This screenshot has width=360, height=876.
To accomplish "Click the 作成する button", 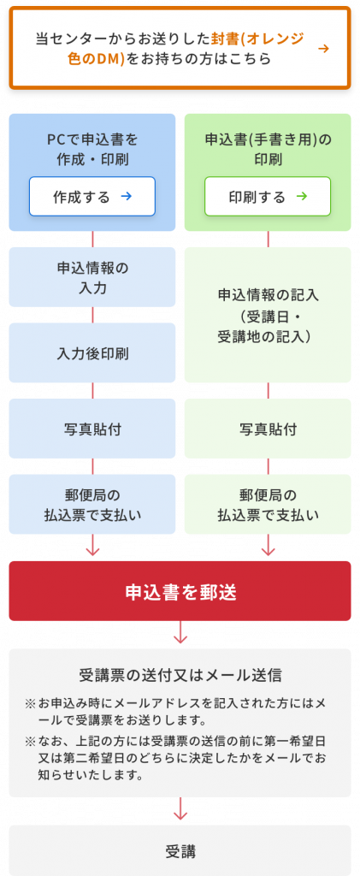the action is click(x=92, y=197).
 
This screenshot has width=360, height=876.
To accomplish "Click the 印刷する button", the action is click(x=268, y=197).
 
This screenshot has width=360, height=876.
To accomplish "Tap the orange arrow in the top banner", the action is click(x=322, y=49).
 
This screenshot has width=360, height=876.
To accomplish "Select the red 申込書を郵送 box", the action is click(x=180, y=591).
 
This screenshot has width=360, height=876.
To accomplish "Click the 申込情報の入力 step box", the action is click(x=92, y=277).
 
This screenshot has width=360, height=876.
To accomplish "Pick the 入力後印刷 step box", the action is click(x=92, y=353).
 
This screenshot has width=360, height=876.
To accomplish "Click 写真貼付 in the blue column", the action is click(x=92, y=429).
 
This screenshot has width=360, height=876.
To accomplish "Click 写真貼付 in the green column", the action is click(x=268, y=429).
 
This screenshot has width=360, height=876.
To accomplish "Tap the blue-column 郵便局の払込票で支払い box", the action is click(x=92, y=505).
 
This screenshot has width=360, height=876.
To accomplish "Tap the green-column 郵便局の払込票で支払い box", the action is click(x=268, y=505).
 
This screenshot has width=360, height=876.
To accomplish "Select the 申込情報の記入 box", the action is click(x=268, y=315).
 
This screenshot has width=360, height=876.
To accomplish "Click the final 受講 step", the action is click(x=180, y=850).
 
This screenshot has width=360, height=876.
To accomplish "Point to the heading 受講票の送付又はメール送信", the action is click(x=180, y=676).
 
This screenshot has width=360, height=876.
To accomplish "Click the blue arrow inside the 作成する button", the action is click(x=126, y=197).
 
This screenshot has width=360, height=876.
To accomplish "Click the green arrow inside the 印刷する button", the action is click(x=301, y=197).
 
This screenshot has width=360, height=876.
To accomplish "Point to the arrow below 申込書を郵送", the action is click(x=180, y=632).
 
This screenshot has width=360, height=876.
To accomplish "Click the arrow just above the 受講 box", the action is click(x=180, y=808).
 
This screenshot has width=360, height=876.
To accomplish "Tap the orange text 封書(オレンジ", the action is click(x=258, y=38).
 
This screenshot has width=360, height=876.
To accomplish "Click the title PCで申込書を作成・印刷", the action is click(x=92, y=149).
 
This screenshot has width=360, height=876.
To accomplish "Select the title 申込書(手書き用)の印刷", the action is click(x=268, y=149).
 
